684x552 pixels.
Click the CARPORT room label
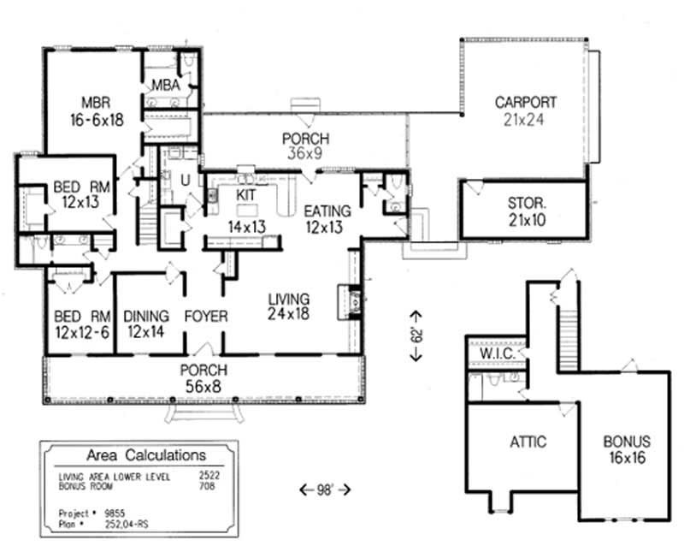526,103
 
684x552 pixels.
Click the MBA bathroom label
164,85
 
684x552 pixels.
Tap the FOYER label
206,317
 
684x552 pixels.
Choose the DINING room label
146,317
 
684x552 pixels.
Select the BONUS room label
627,442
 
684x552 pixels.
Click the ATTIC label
528,442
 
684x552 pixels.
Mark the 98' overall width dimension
326,490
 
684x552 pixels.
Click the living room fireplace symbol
354,300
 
